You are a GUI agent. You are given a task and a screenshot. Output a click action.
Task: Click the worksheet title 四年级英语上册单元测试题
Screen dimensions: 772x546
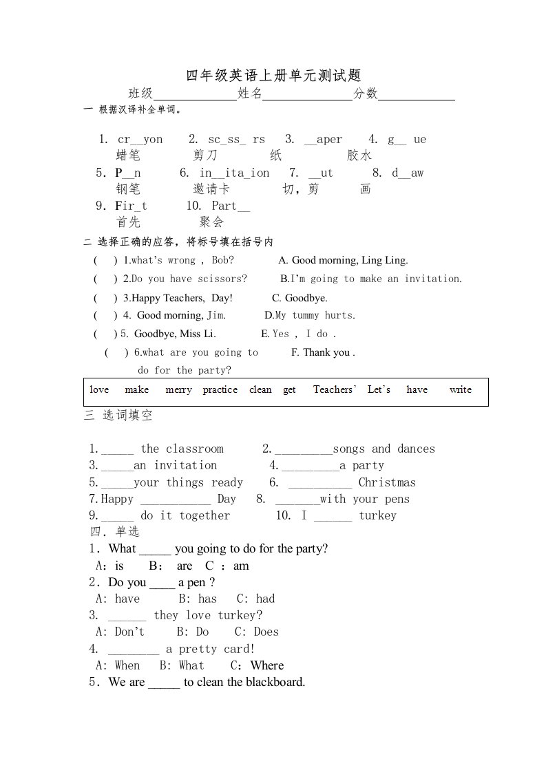click(x=273, y=75)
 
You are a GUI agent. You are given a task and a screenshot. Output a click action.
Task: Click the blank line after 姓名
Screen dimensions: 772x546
click(x=307, y=96)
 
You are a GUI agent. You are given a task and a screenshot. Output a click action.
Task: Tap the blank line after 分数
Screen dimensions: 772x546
click(x=417, y=96)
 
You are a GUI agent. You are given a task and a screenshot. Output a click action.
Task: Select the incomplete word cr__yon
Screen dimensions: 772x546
click(x=140, y=139)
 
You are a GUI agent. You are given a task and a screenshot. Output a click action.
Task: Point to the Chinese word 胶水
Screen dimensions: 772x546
click(x=359, y=156)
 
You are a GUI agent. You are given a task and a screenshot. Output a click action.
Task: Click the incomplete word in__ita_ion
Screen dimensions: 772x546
click(x=234, y=173)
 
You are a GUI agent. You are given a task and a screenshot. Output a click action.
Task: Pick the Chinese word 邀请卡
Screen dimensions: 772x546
click(x=211, y=189)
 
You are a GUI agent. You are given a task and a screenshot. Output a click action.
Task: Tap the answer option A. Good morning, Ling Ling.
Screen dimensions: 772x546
click(x=343, y=260)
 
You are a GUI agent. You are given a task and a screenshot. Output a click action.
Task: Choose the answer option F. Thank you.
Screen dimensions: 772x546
click(x=323, y=352)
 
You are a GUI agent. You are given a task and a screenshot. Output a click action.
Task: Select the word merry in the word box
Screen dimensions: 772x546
click(x=178, y=389)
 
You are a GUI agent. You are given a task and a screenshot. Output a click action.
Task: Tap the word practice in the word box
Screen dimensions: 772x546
click(x=220, y=389)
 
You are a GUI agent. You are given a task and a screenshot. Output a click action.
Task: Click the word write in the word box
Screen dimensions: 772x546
click(x=460, y=389)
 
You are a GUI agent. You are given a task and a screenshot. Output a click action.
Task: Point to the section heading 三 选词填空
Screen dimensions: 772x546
click(x=118, y=416)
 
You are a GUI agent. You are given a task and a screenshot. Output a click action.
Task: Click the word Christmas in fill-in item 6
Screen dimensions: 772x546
click(x=387, y=482)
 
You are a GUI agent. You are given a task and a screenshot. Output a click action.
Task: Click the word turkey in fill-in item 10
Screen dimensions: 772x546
click(x=377, y=515)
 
